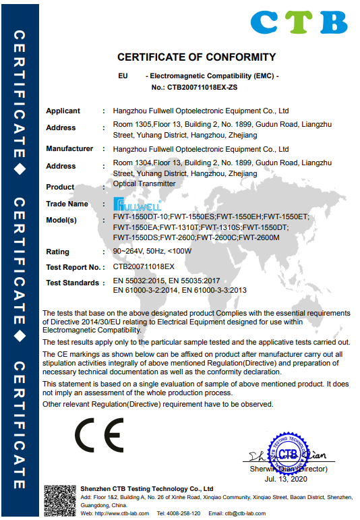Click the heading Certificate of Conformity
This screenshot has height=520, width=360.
point(196,57)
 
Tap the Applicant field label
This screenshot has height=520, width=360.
point(63,111)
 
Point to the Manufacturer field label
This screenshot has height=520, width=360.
point(69,148)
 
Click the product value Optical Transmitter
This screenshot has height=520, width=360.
point(144,183)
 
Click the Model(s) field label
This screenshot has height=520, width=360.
point(61,220)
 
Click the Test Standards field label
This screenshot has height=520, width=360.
point(73,283)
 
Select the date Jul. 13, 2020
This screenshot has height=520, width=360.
point(287,478)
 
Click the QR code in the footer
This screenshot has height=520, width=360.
point(58,500)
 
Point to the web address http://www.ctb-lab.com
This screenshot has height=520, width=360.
point(111,513)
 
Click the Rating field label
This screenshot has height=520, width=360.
point(57,252)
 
